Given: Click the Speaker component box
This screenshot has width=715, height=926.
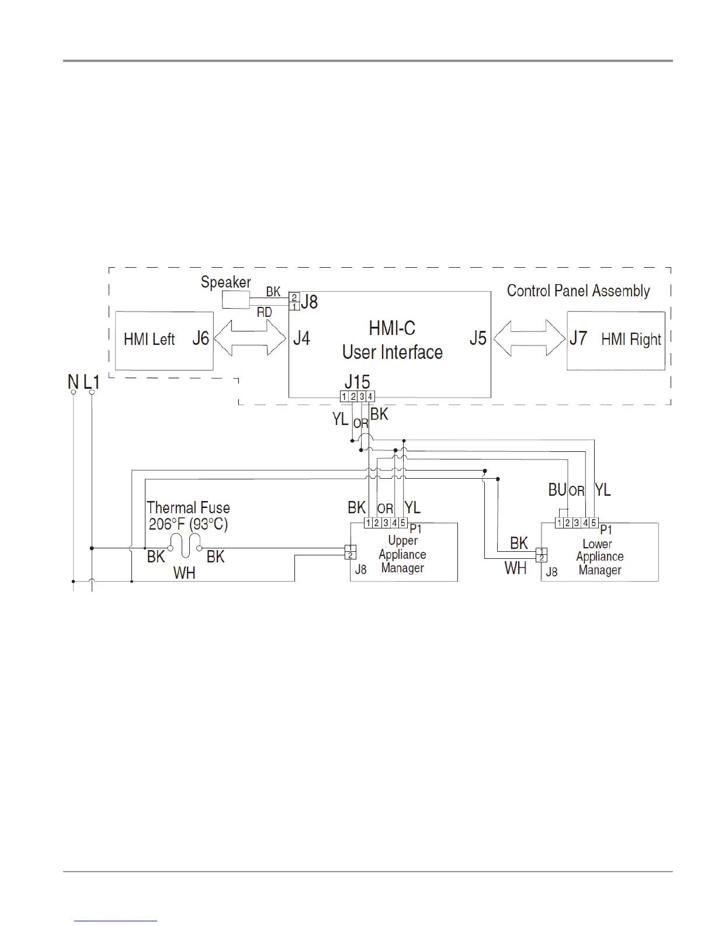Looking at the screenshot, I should pos(235,300).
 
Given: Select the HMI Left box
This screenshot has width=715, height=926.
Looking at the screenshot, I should pos(164,340).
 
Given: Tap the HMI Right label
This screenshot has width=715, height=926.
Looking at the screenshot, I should pos(631,340).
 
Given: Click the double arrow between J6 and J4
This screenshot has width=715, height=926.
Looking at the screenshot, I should pos(250,338).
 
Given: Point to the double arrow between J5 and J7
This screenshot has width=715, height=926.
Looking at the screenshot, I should pos(529,338).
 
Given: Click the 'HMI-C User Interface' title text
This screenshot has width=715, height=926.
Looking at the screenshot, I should pos(392,340).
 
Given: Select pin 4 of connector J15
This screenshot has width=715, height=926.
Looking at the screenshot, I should pos(370,396).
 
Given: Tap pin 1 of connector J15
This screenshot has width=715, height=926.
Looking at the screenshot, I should pos(345,396).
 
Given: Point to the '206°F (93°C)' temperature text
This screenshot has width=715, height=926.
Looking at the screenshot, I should pos(188,524).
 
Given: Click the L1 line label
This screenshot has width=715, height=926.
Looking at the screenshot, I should pos(92,382).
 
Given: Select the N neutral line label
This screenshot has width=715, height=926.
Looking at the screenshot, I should pos(73,382).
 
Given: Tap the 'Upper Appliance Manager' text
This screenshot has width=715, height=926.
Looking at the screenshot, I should pos(402,554).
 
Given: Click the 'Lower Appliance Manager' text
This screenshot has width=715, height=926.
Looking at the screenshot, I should pos(599,557).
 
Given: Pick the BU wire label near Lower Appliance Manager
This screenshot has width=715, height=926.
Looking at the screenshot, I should pos(557,490).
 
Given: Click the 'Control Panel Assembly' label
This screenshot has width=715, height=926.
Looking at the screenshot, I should pos(578,291).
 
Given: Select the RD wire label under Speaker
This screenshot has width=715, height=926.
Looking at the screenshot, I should pos(265,313).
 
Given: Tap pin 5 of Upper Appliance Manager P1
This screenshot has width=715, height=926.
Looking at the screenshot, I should pos(403,523).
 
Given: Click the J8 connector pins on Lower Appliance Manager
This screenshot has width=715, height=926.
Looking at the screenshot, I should pos(542,554).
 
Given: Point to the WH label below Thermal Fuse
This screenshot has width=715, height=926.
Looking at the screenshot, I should pos(185,573).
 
